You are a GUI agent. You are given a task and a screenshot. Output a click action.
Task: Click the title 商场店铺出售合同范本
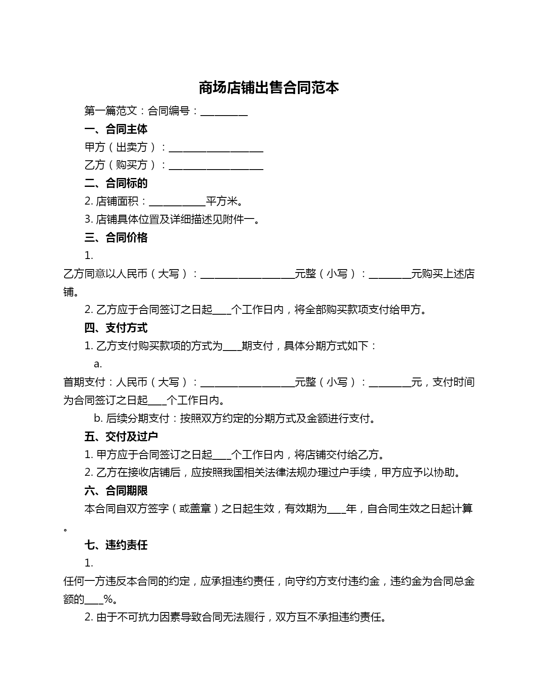point(269,88)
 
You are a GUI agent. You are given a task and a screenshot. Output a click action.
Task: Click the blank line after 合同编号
point(224,112)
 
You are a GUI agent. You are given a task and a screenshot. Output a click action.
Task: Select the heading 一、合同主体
point(116,129)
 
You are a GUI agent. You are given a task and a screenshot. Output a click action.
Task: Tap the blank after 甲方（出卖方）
point(216,148)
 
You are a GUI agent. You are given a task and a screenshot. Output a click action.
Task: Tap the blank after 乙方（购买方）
point(216,165)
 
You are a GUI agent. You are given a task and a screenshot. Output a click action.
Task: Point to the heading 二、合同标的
point(116,183)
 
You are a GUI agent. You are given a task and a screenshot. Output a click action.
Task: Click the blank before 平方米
point(177,202)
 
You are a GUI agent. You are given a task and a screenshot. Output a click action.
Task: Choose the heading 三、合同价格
point(116,237)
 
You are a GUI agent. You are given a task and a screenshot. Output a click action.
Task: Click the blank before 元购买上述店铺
point(390,274)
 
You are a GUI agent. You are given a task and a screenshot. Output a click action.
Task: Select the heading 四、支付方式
point(116,328)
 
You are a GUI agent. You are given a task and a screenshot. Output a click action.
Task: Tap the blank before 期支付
point(232,346)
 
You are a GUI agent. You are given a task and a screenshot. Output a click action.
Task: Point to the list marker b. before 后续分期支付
point(98,418)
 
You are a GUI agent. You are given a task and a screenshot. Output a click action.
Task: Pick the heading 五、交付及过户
point(121,437)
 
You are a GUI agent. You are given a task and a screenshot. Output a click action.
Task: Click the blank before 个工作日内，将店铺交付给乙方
point(222,455)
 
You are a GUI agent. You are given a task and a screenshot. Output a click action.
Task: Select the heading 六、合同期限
point(116,491)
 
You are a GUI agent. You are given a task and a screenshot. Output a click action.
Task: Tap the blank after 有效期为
point(336,509)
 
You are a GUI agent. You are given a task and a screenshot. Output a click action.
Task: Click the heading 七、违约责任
point(116,545)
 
